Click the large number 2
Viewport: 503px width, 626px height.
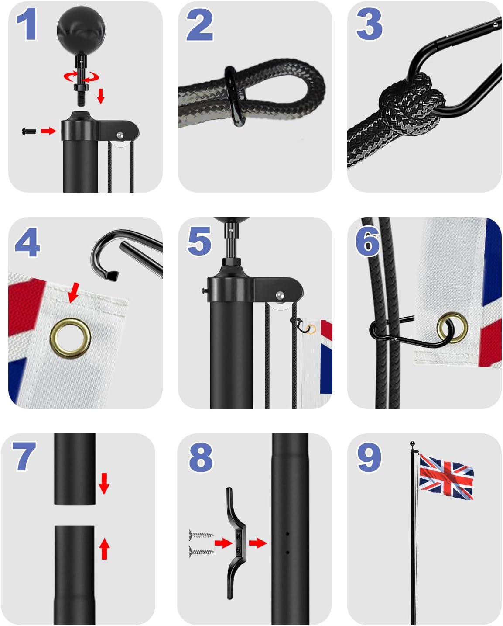[x=199, y=25]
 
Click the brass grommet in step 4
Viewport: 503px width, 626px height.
[x=70, y=339]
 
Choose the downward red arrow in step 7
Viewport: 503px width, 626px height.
[x=104, y=483]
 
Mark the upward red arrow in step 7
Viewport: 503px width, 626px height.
[x=104, y=548]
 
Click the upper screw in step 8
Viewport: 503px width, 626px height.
[x=201, y=534]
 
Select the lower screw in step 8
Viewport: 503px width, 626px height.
[x=201, y=551]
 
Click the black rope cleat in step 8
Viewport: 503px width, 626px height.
[x=235, y=543]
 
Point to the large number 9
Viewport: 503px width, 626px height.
[x=369, y=457]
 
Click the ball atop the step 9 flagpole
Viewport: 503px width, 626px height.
[x=413, y=444]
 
